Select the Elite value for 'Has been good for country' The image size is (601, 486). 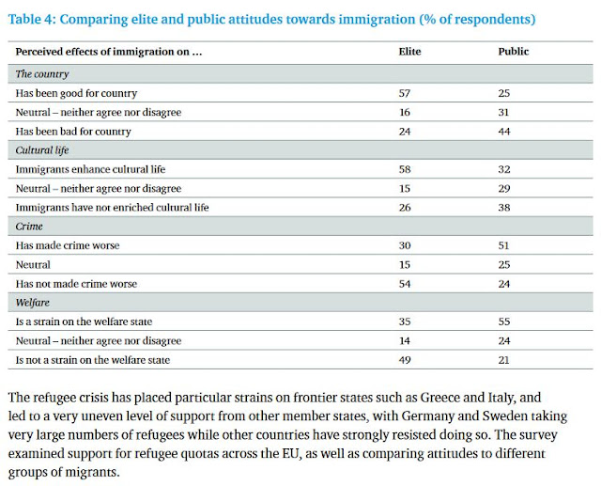pyautogui.click(x=405, y=93)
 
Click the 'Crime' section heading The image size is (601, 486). pyautogui.click(x=29, y=227)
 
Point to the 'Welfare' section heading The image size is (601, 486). pyautogui.click(x=34, y=303)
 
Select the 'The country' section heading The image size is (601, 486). pyautogui.click(x=42, y=73)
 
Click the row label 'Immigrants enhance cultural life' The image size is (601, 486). pyautogui.click(x=90, y=169)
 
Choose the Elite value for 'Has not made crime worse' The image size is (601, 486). pyautogui.click(x=405, y=283)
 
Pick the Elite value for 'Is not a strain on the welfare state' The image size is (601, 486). pyautogui.click(x=405, y=359)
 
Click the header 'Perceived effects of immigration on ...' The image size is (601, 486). pyautogui.click(x=109, y=52)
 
